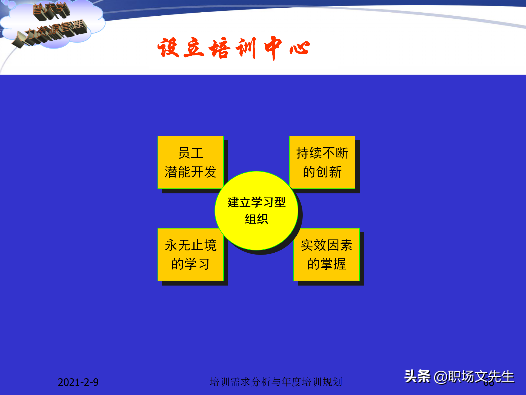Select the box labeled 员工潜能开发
pyautogui.click(x=190, y=162)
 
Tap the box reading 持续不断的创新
pyautogui.click(x=322, y=162)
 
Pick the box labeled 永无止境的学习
pyautogui.click(x=190, y=255)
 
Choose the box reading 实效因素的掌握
pyautogui.click(x=326, y=255)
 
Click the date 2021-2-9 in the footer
pyautogui.click(x=78, y=382)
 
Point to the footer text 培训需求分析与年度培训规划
pyautogui.click(x=276, y=382)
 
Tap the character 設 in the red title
pyautogui.click(x=168, y=48)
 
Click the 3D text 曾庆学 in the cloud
pyautogui.click(x=51, y=11)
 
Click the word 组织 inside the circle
pyautogui.click(x=256, y=219)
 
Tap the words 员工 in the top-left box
pyautogui.click(x=191, y=153)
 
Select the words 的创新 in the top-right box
pyautogui.click(x=322, y=172)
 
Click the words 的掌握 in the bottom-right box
pyautogui.click(x=326, y=264)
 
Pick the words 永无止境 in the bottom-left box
pyautogui.click(x=191, y=245)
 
